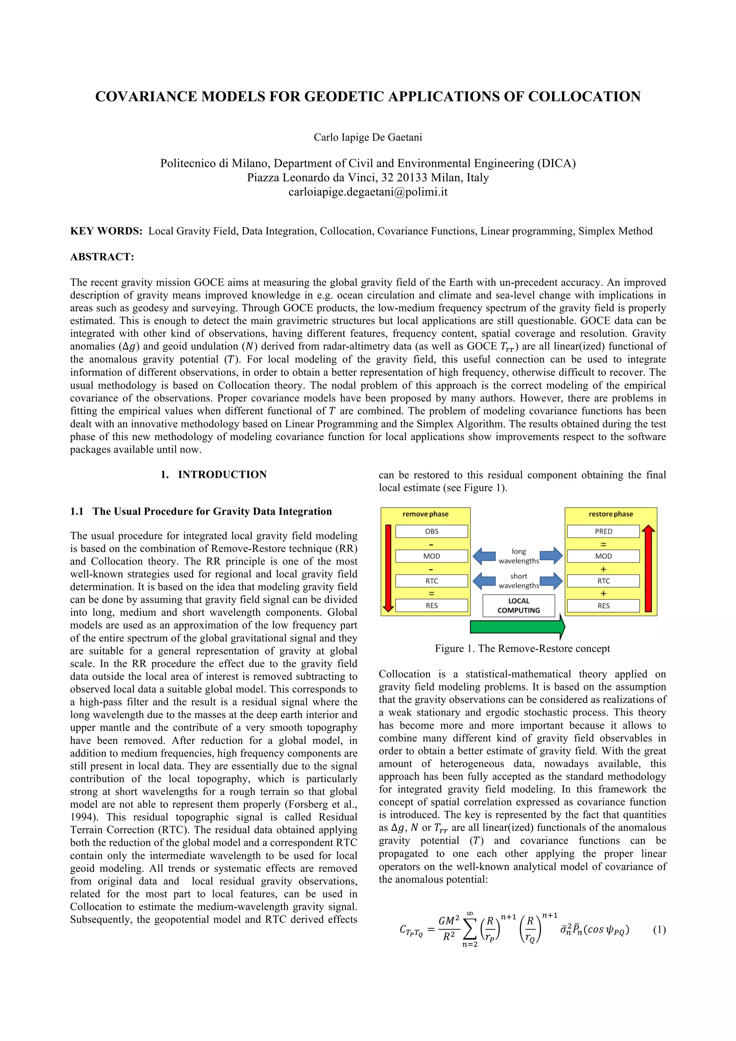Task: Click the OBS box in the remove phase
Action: point(431,531)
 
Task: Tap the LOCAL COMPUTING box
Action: point(518,605)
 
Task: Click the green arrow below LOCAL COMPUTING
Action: point(517,626)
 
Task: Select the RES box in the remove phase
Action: point(431,605)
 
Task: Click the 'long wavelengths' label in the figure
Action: point(518,556)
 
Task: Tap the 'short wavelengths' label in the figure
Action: point(518,581)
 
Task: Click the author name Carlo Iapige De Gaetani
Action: point(368,137)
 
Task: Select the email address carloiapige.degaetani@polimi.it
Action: point(368,192)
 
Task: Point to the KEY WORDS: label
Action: point(106,231)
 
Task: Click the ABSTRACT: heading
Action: point(102,257)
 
